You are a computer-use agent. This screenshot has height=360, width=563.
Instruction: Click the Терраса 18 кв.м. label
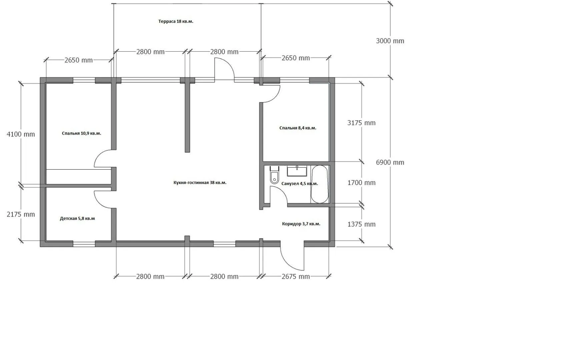[x=176, y=21]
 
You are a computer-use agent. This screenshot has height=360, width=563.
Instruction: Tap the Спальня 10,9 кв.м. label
[x=81, y=133]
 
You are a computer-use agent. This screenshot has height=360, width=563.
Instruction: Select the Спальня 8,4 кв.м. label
[x=298, y=128]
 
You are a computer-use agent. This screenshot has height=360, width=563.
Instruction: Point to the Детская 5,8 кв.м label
[x=77, y=218]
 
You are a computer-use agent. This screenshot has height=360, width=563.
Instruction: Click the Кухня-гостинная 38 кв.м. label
[x=200, y=183]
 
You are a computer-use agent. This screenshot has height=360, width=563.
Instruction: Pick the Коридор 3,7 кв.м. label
[x=301, y=224]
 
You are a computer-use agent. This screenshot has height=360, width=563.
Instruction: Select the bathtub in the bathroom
[x=319, y=184]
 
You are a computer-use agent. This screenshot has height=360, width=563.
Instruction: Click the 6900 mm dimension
[x=390, y=162]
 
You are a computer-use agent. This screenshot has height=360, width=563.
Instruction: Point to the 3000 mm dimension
[x=390, y=41]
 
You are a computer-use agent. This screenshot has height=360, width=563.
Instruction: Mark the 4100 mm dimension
[x=21, y=134]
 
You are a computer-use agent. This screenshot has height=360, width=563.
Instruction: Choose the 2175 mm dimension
[x=21, y=214]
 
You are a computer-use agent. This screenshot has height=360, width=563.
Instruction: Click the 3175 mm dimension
[x=361, y=123]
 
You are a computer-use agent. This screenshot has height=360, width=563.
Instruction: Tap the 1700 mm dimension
[x=361, y=183]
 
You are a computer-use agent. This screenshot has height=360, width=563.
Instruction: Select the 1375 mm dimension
[x=361, y=224]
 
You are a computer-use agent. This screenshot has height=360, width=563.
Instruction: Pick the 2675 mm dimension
[x=296, y=277]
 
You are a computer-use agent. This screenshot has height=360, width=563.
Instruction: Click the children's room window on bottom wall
[x=84, y=244]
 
